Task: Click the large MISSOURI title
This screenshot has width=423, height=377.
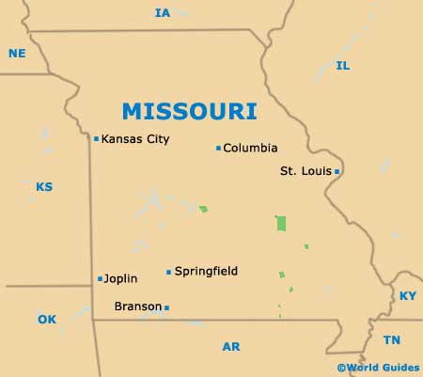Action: coord(189,111)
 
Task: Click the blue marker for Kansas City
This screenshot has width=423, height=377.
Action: coord(96,139)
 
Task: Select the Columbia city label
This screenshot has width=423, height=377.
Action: coord(251,148)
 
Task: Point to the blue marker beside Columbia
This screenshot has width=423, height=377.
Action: coord(218,148)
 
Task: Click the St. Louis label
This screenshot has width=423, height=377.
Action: coord(305,171)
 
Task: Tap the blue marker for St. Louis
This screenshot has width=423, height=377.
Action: coord(337,171)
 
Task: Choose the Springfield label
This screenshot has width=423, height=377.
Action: coord(207,272)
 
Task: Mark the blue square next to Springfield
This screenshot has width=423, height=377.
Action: coord(169,273)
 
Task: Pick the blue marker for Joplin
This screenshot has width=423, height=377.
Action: coord(101,278)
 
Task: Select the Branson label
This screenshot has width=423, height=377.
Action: coord(137,306)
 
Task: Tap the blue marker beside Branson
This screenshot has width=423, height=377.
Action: coord(167,307)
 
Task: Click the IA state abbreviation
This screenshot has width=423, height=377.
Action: coord(163,13)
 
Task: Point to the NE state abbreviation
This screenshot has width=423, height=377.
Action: coord(17,54)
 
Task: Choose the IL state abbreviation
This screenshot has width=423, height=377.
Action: coord(343,66)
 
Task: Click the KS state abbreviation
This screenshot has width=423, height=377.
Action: coord(44,187)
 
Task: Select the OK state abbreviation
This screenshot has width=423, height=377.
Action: coord(47,320)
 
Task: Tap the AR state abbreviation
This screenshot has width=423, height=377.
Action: coord(231,347)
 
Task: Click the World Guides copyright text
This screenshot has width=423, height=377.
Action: coord(379,368)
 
